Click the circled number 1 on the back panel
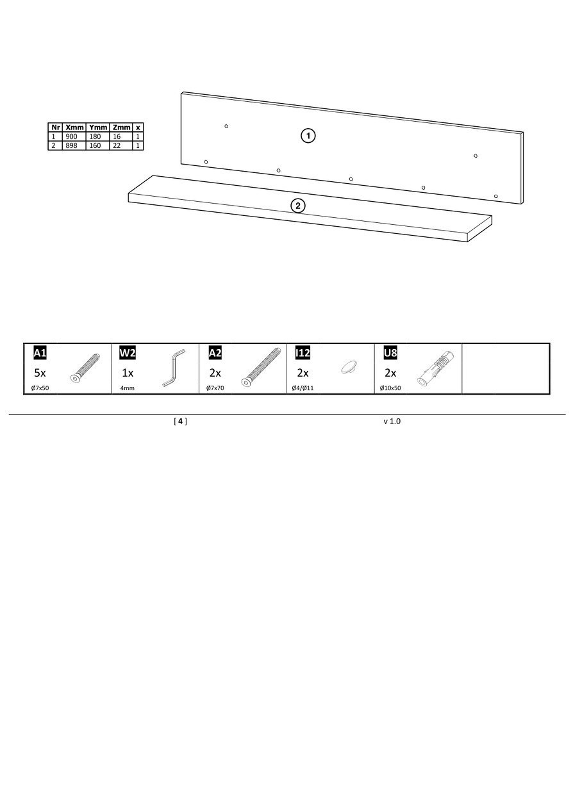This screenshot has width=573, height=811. tap(308, 136)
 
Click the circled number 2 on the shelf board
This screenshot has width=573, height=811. tap(298, 206)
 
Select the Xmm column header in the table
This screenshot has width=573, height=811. tap(74, 127)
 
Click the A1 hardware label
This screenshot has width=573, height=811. tap(40, 352)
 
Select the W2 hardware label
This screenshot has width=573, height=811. tap(128, 352)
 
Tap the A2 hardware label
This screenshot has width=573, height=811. tap(215, 352)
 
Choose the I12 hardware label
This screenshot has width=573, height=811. tap(303, 352)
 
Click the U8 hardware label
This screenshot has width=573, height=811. tap(390, 352)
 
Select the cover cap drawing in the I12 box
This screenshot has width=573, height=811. tap(349, 367)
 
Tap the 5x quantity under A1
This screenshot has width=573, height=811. tap(40, 373)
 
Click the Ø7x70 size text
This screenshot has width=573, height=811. tap(215, 388)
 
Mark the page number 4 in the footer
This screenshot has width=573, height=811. tap(180, 421)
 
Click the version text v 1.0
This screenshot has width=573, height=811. tap(392, 421)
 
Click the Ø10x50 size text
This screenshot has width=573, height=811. tap(390, 388)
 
